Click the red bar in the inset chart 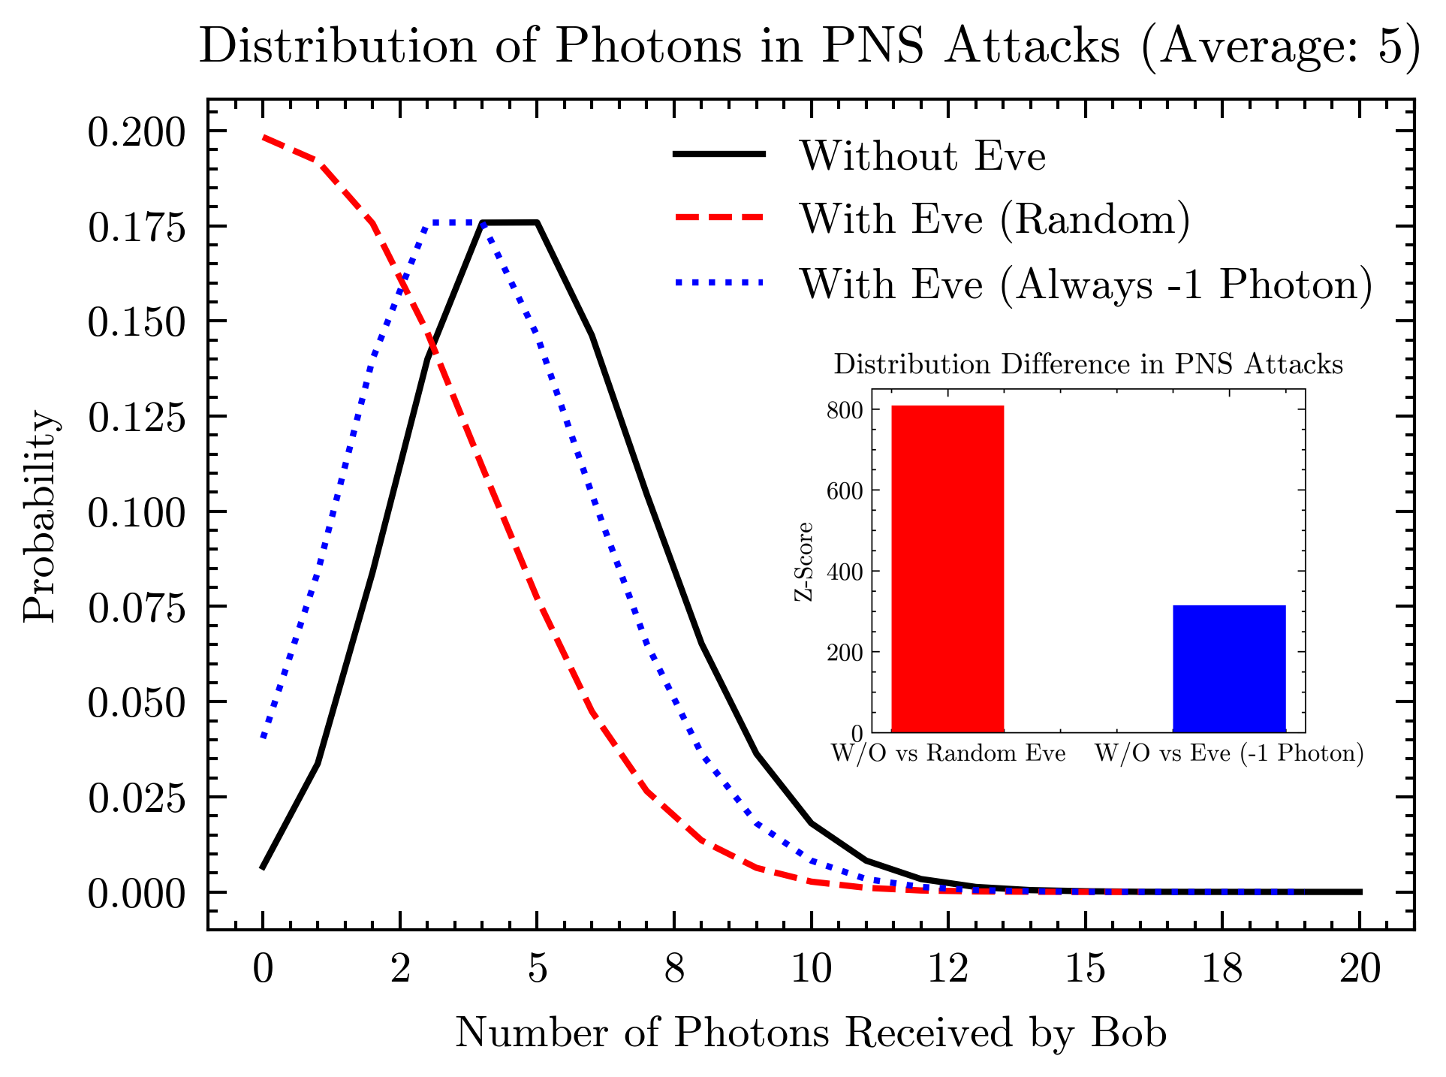[x=947, y=569]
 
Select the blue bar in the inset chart [x=1228, y=668]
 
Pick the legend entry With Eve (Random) [x=994, y=219]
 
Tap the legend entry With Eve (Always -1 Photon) [x=1086, y=285]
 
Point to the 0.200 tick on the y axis [x=136, y=133]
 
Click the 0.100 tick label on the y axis [x=136, y=514]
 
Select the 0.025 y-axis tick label [x=136, y=798]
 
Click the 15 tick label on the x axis [x=1085, y=968]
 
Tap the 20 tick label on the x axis [x=1360, y=968]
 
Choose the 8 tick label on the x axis [x=674, y=968]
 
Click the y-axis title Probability [x=39, y=517]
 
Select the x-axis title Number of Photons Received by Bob [x=810, y=1033]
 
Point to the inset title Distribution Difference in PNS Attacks [x=1088, y=364]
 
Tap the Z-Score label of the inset [x=803, y=561]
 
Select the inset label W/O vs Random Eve [x=948, y=753]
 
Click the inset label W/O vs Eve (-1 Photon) [x=1228, y=753]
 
